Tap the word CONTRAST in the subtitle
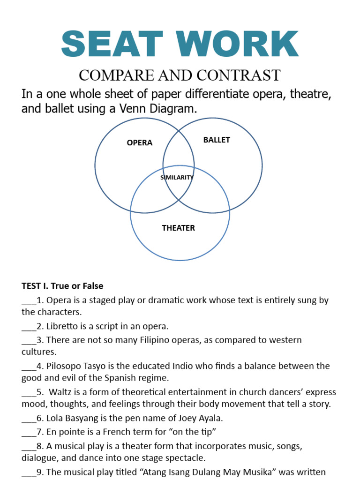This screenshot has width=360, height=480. (x=240, y=75)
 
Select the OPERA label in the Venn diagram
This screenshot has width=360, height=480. (x=140, y=142)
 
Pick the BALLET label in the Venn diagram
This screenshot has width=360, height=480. (x=217, y=140)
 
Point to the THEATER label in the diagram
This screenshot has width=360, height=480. (x=178, y=228)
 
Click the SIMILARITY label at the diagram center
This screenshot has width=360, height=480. (x=177, y=178)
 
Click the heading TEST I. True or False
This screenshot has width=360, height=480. (x=62, y=285)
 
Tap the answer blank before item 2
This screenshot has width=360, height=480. (x=28, y=326)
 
